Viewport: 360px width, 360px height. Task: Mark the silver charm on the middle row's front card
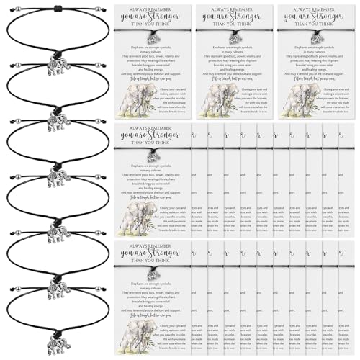pos(153,156)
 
